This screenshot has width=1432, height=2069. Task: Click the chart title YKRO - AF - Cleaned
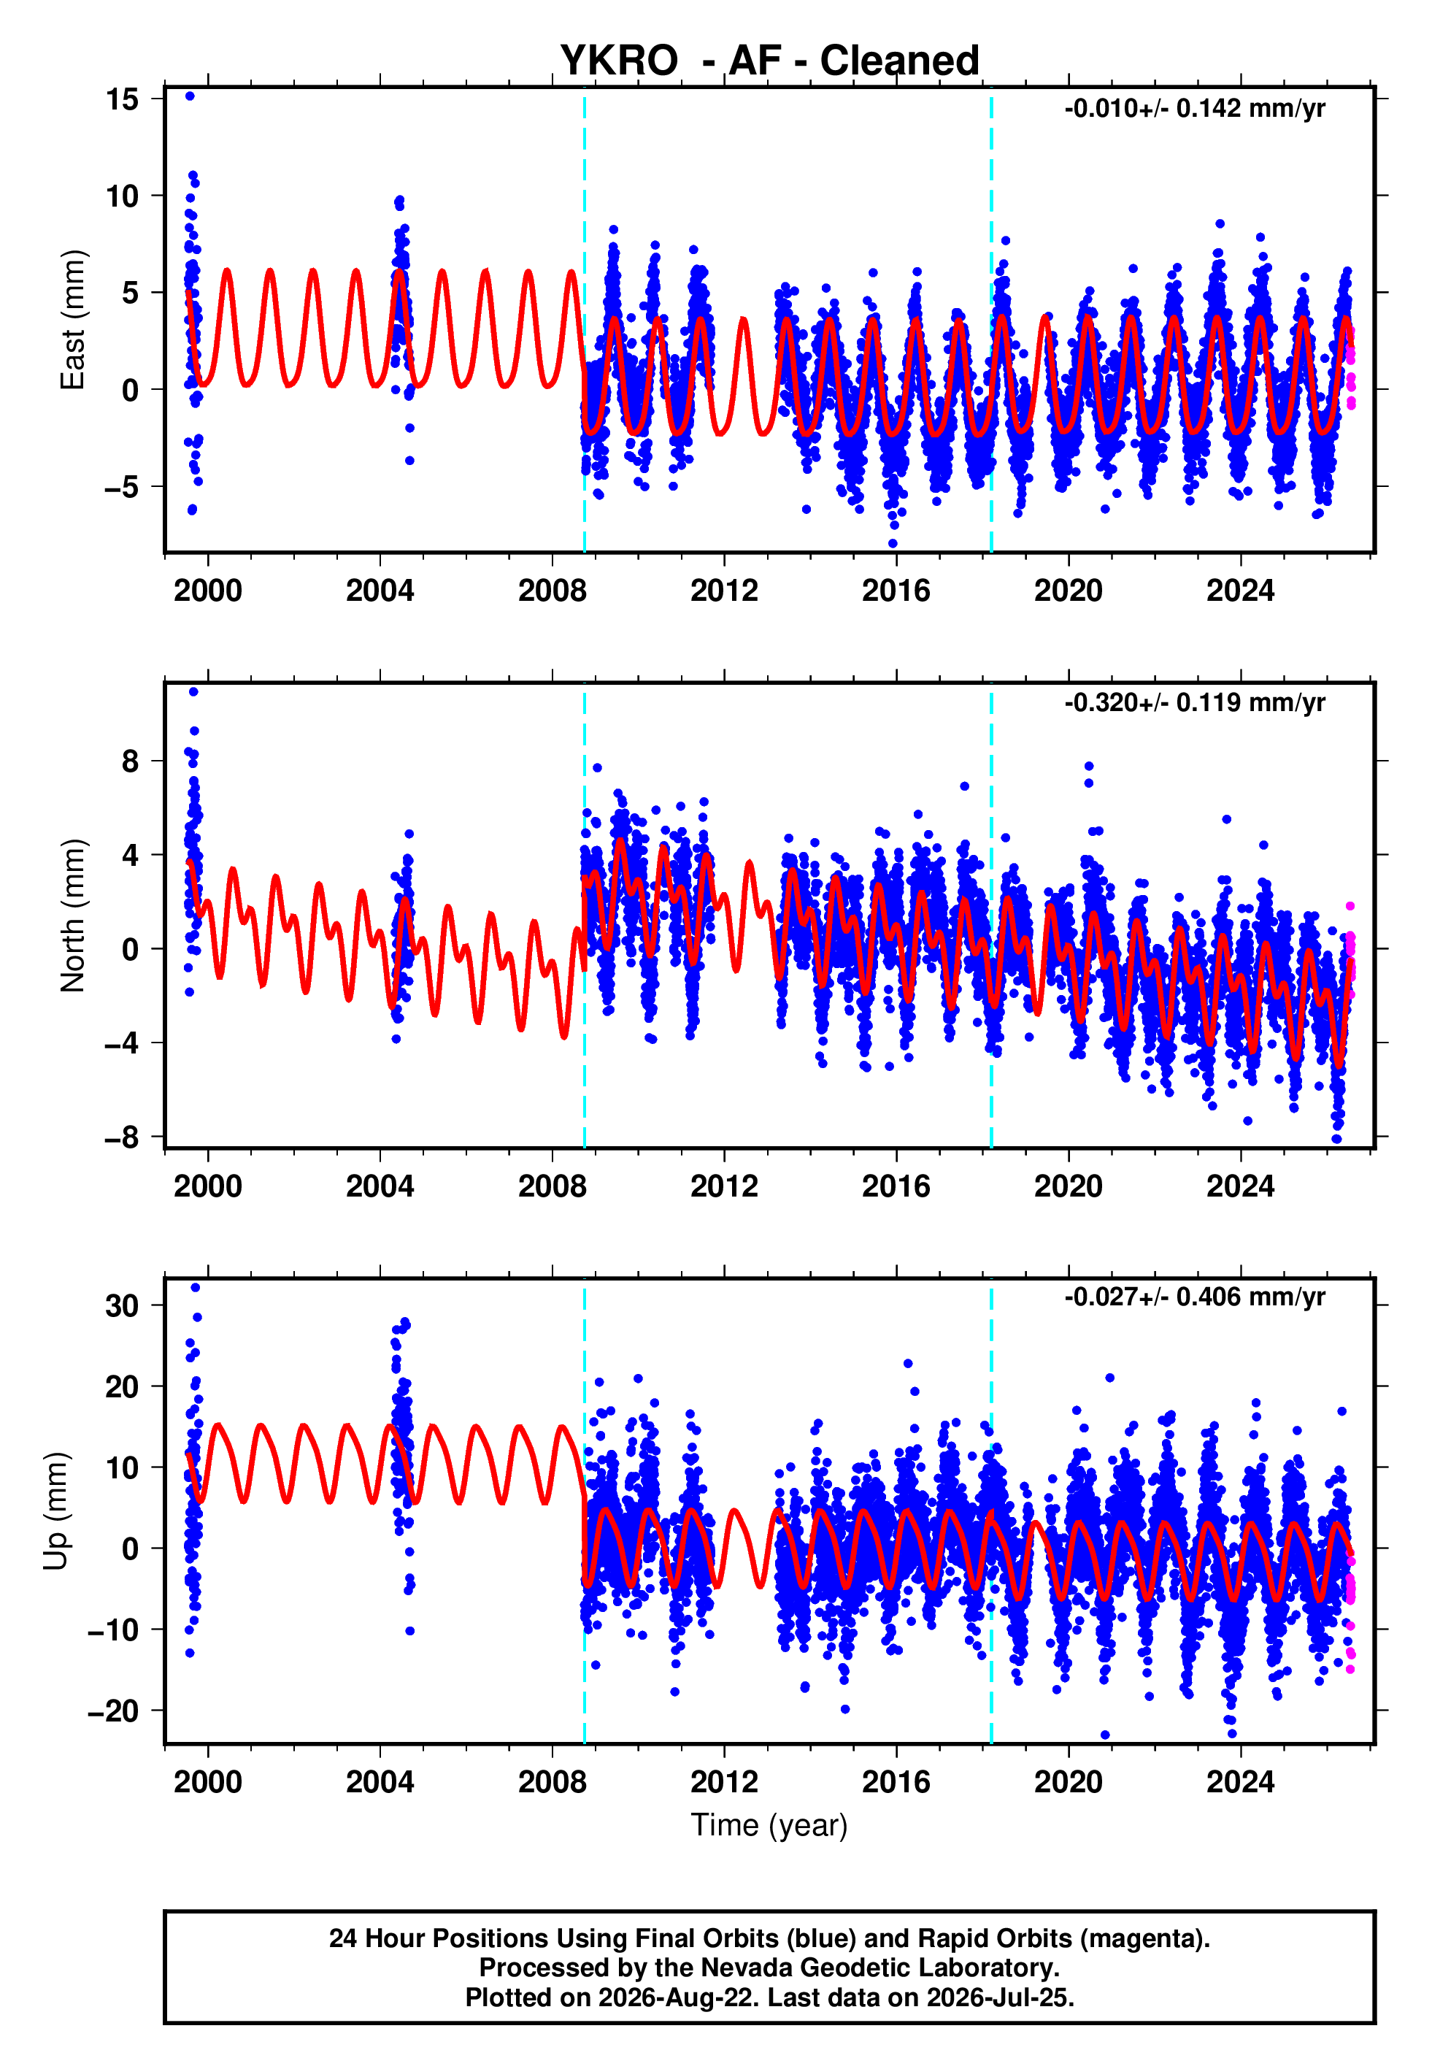pos(769,61)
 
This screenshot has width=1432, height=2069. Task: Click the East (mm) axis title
pos(73,320)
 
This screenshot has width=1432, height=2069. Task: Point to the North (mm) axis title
pos(73,915)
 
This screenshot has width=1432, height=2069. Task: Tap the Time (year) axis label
pos(769,1825)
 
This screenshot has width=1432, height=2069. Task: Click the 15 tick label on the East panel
pos(122,99)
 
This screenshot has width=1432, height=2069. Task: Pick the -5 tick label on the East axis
pos(122,487)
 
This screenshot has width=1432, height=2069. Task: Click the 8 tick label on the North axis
pos(131,761)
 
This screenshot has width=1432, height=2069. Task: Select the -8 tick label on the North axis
pos(122,1137)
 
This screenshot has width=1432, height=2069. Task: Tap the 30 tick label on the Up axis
pos(122,1305)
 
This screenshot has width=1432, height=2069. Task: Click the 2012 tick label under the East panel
pos(724,591)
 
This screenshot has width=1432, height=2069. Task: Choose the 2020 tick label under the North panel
pos(1069,1186)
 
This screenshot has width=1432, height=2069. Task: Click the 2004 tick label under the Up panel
pos(380,1782)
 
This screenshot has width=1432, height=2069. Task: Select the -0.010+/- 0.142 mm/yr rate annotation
pos(1194,109)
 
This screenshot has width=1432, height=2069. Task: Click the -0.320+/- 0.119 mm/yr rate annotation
pos(1194,702)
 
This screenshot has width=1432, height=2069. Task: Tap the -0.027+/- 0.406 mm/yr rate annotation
pos(1194,1297)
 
